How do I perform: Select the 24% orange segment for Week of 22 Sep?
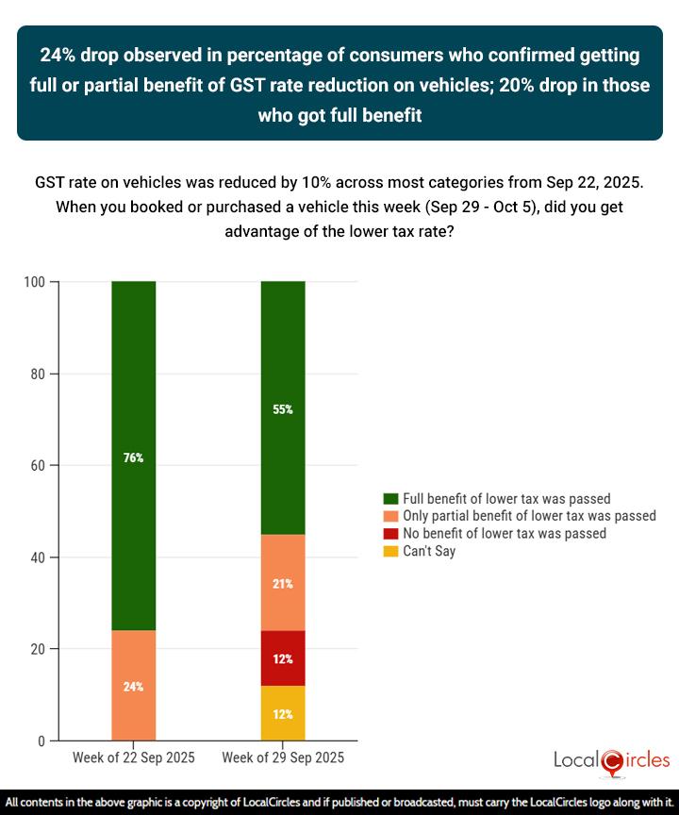[133, 686]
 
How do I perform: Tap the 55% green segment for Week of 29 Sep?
[283, 408]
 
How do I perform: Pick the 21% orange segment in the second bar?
[283, 583]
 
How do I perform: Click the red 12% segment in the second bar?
[283, 657]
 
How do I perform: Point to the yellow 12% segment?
[283, 713]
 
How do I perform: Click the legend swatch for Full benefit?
[389, 499]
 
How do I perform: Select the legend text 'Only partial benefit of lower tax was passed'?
[529, 516]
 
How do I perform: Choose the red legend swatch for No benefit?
[389, 534]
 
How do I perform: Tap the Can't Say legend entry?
[428, 551]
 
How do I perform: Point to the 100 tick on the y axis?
[38, 282]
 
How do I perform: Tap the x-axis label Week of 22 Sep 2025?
[133, 758]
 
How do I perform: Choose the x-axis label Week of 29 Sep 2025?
[283, 758]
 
